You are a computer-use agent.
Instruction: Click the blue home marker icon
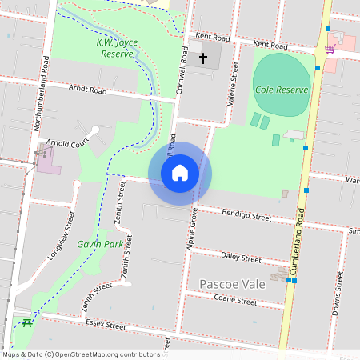[180, 173]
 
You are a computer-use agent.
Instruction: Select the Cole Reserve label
[282, 90]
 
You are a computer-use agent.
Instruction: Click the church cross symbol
[203, 58]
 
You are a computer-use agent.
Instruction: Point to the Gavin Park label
[100, 243]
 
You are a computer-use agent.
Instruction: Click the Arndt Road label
[88, 90]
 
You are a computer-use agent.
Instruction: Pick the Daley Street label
[241, 258]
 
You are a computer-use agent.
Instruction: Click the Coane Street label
[235, 302]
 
